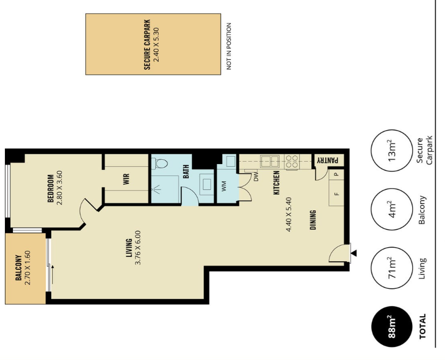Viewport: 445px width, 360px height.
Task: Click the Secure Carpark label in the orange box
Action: (147, 44)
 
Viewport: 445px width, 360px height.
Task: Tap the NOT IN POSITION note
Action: (229, 46)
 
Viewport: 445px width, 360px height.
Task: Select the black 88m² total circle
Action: (392, 327)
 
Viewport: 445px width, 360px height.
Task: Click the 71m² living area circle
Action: (392, 268)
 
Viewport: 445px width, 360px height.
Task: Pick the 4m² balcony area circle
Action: (392, 209)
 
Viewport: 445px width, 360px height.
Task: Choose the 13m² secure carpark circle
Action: (392, 151)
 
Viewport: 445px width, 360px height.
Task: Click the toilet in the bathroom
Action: (160, 164)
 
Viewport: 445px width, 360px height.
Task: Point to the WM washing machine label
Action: (224, 186)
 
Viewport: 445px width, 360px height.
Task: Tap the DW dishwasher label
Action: (256, 177)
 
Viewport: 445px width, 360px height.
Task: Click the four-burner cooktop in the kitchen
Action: (292, 162)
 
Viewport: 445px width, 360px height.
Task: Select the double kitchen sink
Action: (270, 161)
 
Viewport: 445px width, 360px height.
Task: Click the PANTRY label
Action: (327, 160)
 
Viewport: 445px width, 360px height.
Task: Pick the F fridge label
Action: (337, 194)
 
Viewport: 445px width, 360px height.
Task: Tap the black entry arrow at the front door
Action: (354, 253)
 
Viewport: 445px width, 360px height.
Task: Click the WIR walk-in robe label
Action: (126, 179)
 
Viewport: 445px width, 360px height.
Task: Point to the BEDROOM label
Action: (51, 188)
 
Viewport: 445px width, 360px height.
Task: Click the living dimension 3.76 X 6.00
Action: (138, 248)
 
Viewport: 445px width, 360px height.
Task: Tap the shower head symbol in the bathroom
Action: (156, 189)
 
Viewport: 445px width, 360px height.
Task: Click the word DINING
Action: (313, 220)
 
